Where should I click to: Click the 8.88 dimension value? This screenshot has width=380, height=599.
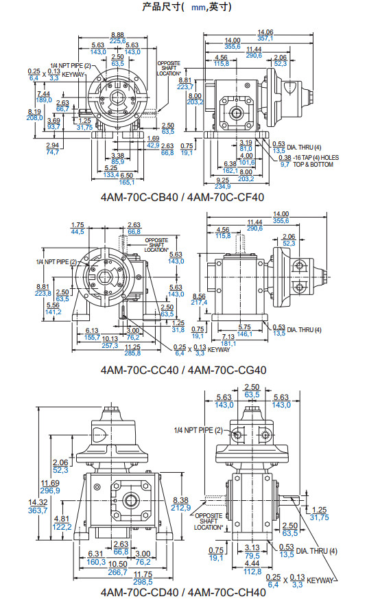click(117, 35)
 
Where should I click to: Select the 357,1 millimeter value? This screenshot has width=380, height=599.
click(265, 38)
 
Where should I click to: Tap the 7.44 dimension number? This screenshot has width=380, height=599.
click(43, 94)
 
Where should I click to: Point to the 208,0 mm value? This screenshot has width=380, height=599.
click(35, 118)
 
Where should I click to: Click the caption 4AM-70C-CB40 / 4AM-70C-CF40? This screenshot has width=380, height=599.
click(182, 197)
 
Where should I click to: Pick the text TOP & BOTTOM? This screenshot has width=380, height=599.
click(313, 165)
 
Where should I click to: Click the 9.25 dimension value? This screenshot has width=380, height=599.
click(223, 180)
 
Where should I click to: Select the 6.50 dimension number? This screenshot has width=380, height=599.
click(127, 176)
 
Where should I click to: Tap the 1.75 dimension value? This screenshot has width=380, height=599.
click(78, 225)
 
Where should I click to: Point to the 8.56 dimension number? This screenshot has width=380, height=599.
click(199, 296)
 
